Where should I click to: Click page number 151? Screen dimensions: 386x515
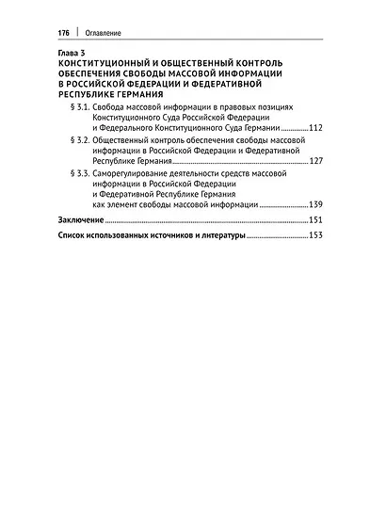point(315,219)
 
